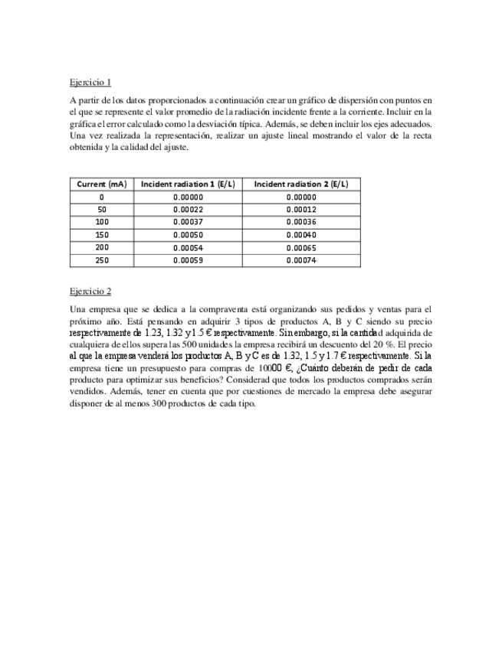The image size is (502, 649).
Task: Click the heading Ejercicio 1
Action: [90, 82]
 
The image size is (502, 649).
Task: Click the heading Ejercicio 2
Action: [90, 291]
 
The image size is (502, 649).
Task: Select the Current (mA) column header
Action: [102, 184]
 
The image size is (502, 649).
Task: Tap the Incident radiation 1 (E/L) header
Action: [188, 184]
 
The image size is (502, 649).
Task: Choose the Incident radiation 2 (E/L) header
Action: [301, 184]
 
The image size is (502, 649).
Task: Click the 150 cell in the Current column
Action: [102, 235]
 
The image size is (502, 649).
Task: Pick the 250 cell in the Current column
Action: [102, 260]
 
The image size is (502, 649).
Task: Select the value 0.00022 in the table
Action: [188, 210]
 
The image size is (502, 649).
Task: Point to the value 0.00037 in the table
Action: [188, 222]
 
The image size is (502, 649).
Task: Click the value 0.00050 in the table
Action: [188, 235]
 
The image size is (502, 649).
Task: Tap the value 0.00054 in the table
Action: [188, 247]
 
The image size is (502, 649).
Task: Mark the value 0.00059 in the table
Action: [188, 260]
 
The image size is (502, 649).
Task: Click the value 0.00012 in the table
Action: [301, 210]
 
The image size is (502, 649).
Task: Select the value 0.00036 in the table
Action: [301, 222]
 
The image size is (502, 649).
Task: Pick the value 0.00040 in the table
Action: [301, 235]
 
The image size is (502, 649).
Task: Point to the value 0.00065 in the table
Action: [301, 247]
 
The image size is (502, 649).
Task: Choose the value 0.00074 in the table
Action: [301, 260]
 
